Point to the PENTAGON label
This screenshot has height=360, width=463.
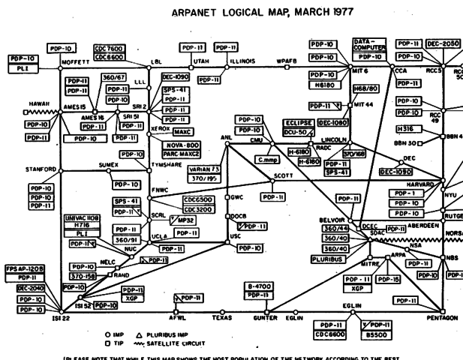click(x=441, y=318)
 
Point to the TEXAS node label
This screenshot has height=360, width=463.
click(x=221, y=318)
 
